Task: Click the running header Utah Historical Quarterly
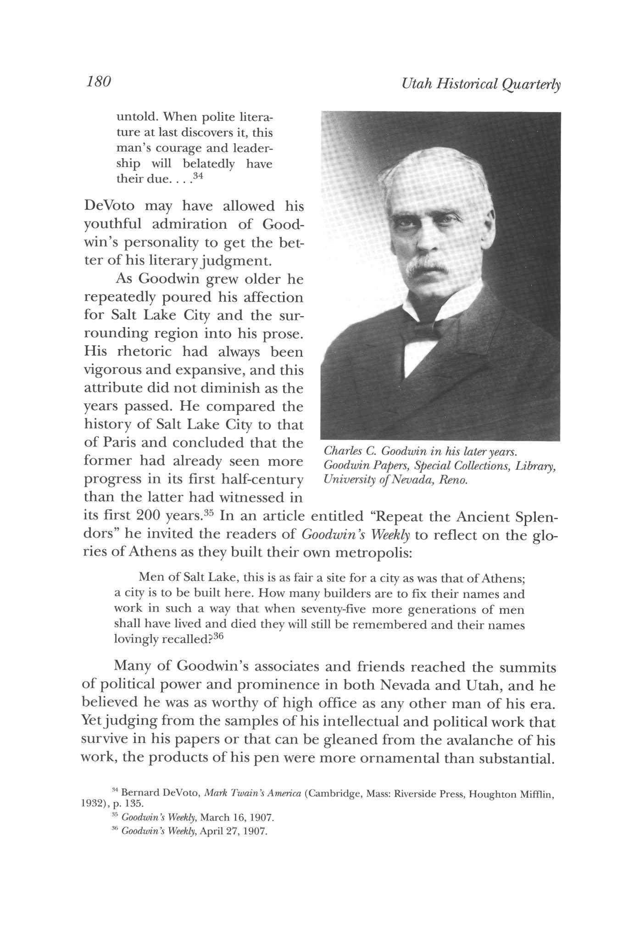tap(480, 84)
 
